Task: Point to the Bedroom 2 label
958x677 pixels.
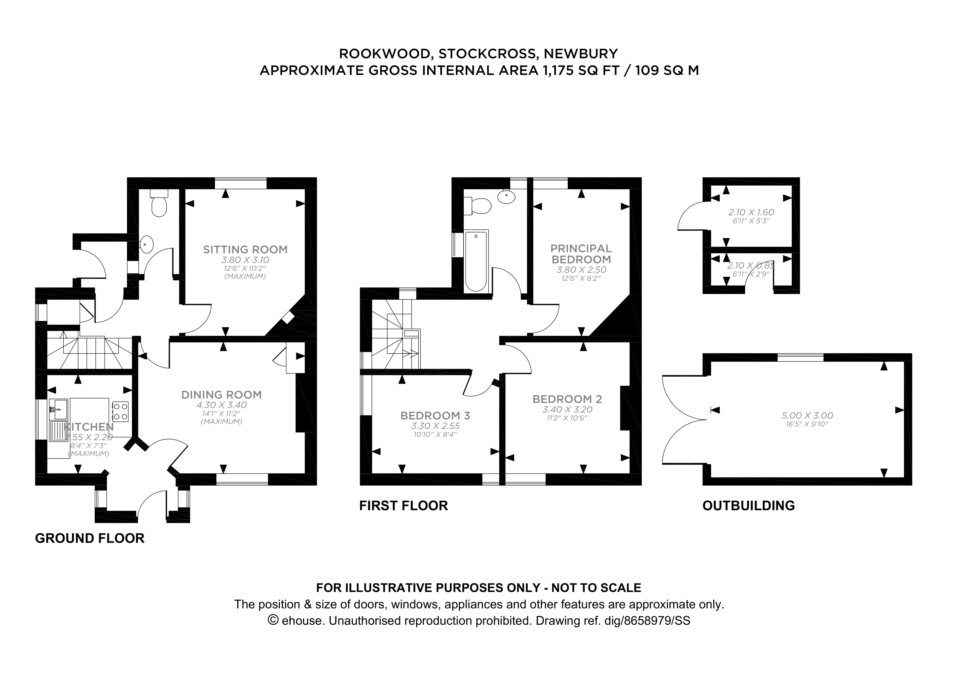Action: click(567, 399)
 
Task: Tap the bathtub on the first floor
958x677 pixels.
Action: click(476, 261)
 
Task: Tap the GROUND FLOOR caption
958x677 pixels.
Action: click(90, 538)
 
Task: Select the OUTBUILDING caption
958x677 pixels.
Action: click(748, 506)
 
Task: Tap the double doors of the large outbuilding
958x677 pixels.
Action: click(684, 419)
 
